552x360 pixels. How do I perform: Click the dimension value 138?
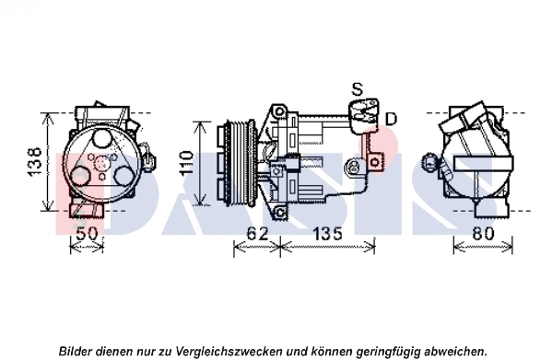[34, 161]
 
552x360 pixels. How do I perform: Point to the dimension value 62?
[258, 235]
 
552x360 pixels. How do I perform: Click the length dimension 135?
[323, 235]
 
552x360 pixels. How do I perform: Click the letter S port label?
[358, 89]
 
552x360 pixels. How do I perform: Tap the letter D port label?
[391, 118]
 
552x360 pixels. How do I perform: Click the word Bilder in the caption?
[76, 351]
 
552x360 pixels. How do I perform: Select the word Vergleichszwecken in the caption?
[241, 351]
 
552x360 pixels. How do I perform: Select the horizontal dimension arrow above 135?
[323, 247]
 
